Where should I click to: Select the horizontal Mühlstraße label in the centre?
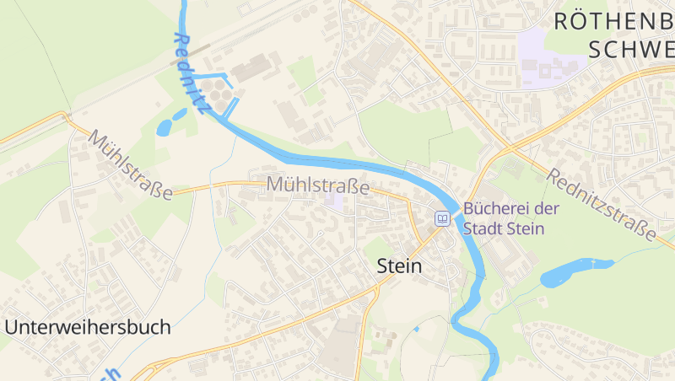tap(317, 184)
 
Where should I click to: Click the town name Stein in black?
tap(398, 266)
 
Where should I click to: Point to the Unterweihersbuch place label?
tap(88, 327)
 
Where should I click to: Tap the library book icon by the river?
tap(442, 218)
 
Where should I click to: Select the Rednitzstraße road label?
tap(601, 205)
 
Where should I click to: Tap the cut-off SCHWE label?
tap(632, 49)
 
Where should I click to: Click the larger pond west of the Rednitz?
tap(165, 128)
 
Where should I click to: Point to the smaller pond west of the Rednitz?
tap(180, 114)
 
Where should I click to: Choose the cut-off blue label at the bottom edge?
tap(112, 374)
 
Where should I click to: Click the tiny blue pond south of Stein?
tap(416, 328)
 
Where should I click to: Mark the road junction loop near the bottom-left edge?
tap(143, 371)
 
